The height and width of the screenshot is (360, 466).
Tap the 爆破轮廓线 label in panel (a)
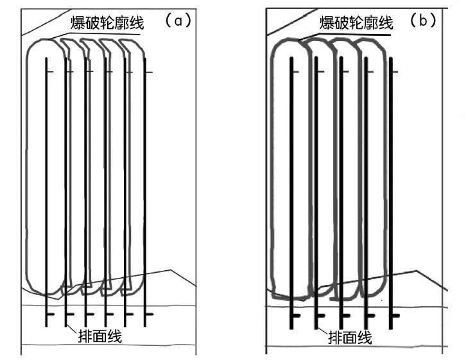pyautogui.click(x=107, y=24)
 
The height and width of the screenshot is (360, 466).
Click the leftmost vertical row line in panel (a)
pyautogui.click(x=46, y=193)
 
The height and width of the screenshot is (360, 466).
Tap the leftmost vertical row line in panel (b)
pyautogui.click(x=291, y=193)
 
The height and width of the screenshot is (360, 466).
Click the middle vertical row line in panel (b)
pyautogui.click(x=340, y=193)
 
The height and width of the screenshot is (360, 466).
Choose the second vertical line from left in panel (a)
pyautogui.click(x=66, y=193)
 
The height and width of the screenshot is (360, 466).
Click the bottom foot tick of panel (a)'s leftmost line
pyautogui.click(x=51, y=314)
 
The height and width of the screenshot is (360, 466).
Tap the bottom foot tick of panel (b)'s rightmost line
pyautogui.click(x=395, y=316)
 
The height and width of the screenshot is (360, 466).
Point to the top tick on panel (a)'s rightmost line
pyautogui.click(x=149, y=72)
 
